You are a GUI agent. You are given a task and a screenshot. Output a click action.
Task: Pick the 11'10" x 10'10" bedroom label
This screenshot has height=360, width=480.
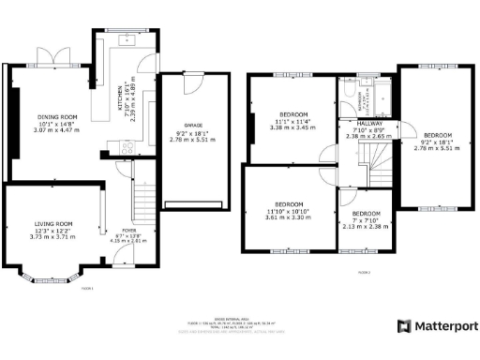click(x=289, y=209)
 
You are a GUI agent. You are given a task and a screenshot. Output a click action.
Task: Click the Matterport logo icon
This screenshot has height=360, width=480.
click(x=403, y=325)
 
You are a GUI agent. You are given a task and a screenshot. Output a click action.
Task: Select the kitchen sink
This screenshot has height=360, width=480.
click(x=128, y=42)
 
